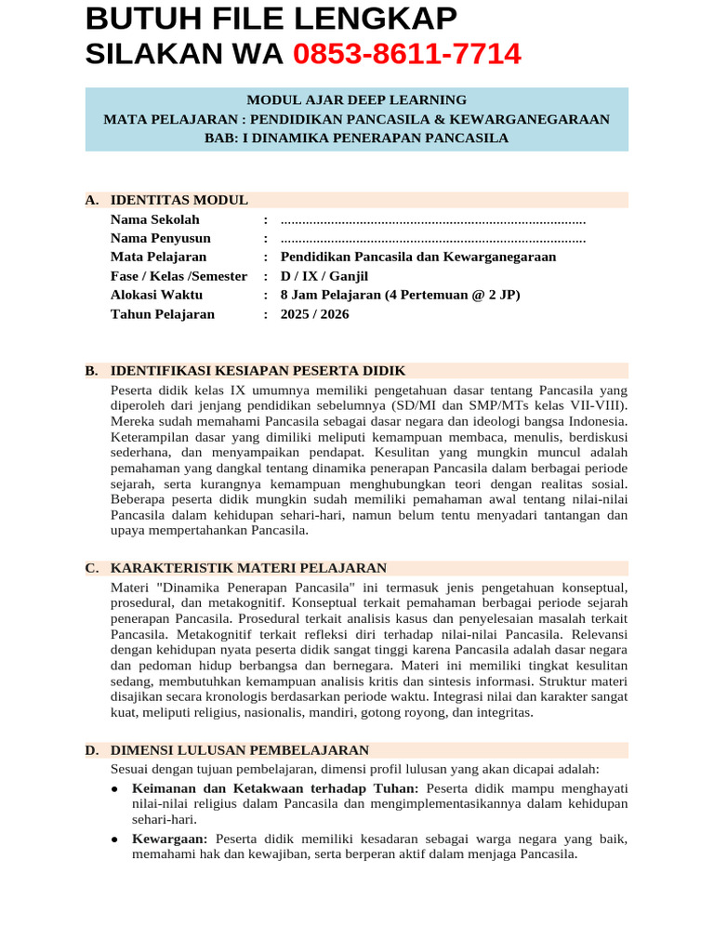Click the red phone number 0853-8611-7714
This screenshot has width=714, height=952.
[407, 55]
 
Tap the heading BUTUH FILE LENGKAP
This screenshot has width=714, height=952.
[271, 19]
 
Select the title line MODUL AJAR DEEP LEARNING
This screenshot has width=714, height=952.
[356, 100]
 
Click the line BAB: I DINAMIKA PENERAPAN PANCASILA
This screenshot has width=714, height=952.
[356, 138]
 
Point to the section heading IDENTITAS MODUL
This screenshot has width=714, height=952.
[178, 200]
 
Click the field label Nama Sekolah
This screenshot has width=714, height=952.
[154, 219]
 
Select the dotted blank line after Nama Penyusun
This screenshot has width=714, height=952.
[432, 238]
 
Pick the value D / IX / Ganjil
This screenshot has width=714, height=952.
[324, 276]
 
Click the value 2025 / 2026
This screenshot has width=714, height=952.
[314, 314]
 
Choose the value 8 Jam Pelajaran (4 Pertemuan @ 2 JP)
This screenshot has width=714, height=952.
[400, 295]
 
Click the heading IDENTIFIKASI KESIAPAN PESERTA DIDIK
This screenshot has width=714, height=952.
[258, 370]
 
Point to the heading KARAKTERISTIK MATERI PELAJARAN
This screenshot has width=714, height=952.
[248, 568]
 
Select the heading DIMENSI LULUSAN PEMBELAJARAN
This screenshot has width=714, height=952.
[240, 750]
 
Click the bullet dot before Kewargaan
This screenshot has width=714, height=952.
[113, 839]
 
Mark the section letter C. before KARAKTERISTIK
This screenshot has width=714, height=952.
[91, 568]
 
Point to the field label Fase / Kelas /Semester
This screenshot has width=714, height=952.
[178, 276]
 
